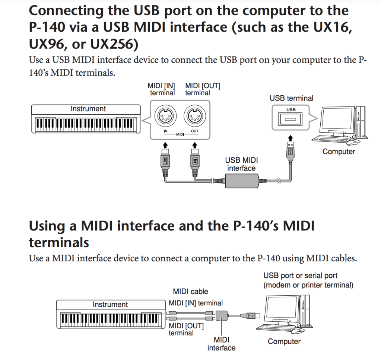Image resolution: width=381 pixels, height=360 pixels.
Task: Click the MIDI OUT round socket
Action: [x=194, y=117]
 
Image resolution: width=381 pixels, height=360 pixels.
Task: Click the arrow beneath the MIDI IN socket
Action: [x=165, y=144]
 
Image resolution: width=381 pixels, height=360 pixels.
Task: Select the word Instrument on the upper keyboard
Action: [x=88, y=109]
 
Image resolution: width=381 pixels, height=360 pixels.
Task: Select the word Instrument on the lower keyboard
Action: [x=110, y=305]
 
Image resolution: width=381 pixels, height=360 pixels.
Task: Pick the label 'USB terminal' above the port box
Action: [x=291, y=99]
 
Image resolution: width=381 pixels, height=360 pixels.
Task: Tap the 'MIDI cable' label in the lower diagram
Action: [x=190, y=291]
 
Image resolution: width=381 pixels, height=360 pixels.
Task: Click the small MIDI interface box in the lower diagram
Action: [x=223, y=316]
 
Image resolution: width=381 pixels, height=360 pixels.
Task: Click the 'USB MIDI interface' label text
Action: [x=241, y=164]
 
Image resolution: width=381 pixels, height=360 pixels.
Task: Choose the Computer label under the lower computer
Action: [x=284, y=341]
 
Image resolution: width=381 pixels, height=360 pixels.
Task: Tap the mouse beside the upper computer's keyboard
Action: [x=353, y=142]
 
